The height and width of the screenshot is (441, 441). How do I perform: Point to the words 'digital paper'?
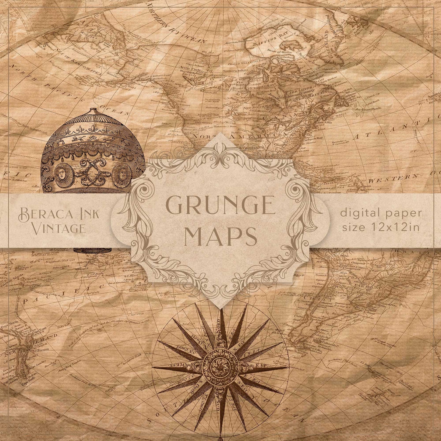(x=381, y=214)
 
